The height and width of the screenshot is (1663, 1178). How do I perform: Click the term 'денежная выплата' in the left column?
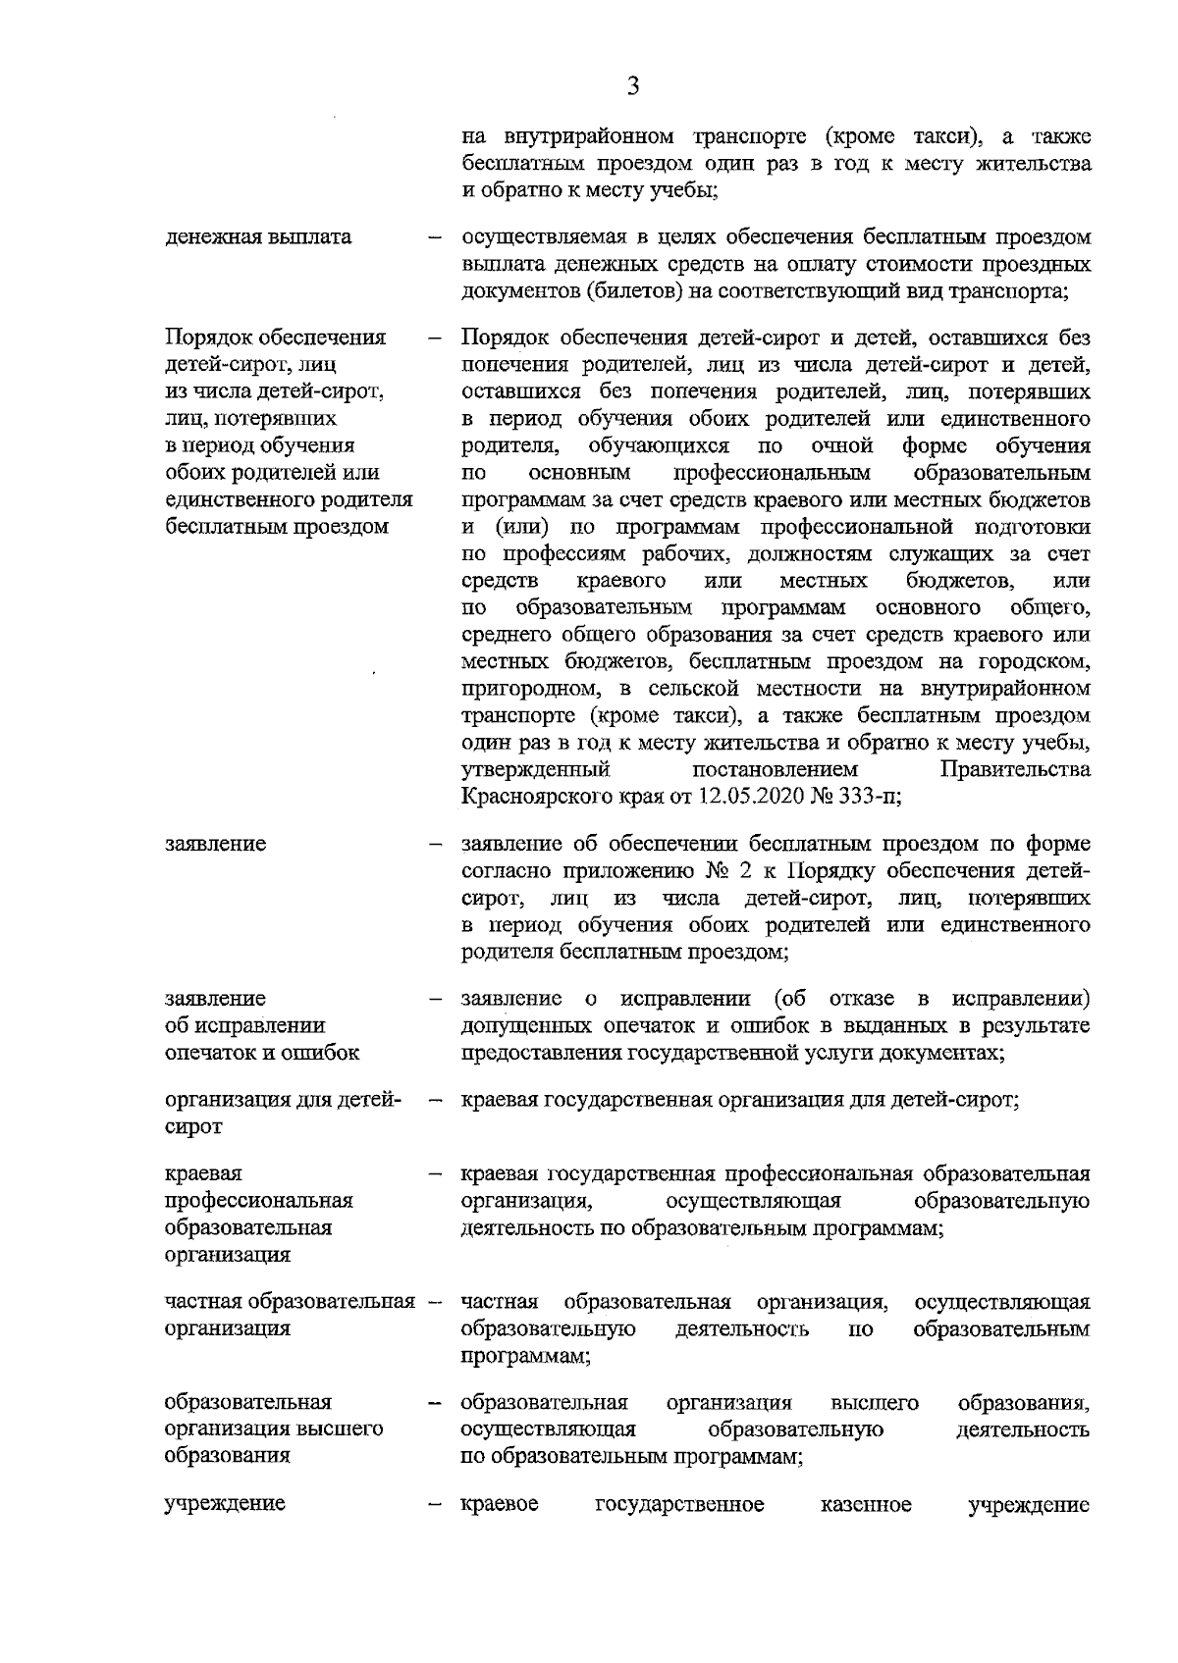[258, 237]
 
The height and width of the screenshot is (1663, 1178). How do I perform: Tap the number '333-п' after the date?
[866, 797]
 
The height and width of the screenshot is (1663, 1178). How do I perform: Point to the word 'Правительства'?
[1015, 769]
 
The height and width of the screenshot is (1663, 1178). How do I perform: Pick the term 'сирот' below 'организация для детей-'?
[193, 1126]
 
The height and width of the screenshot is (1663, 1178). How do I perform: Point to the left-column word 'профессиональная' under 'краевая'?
[258, 1200]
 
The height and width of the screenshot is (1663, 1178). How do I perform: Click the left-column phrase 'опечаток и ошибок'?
[262, 1053]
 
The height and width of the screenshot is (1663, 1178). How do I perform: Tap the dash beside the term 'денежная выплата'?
[433, 238]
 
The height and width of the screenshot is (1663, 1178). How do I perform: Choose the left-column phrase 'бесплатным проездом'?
[277, 526]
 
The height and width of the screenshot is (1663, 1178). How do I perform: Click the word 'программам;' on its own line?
[525, 1356]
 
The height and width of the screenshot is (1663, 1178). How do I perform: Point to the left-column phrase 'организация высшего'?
[274, 1429]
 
